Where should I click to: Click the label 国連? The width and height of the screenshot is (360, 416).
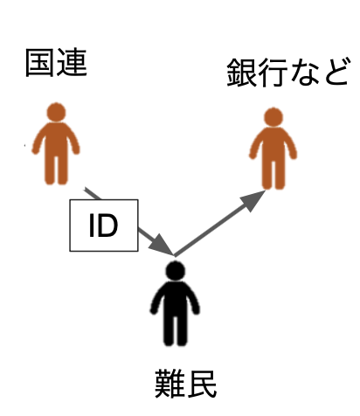tap(56, 63)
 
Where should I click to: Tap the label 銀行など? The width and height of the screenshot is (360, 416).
tap(288, 72)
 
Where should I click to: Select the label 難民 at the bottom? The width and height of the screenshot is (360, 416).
tap(185, 384)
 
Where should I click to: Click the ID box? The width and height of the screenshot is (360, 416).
tap(104, 225)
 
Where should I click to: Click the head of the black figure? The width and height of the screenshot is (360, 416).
tap(176, 270)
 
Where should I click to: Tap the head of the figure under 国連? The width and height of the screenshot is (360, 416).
tap(56, 112)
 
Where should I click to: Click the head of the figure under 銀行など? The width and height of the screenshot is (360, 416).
tap(273, 117)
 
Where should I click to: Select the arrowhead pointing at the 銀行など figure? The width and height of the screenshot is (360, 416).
tap(253, 200)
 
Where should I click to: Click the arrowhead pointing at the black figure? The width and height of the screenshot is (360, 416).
tap(161, 245)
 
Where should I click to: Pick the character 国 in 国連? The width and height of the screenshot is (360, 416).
tap(40, 63)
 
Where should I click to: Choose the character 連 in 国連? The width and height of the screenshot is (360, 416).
tap(72, 63)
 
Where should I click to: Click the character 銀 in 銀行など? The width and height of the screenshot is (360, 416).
tap(241, 73)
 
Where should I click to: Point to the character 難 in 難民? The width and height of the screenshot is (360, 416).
tap(170, 384)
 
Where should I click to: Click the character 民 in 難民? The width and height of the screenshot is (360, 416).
tap(202, 384)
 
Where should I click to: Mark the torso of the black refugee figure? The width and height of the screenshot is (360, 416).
tap(175, 300)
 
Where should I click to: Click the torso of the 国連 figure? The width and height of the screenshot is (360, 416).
tap(56, 141)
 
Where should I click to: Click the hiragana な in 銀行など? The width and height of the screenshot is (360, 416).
tap(305, 72)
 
